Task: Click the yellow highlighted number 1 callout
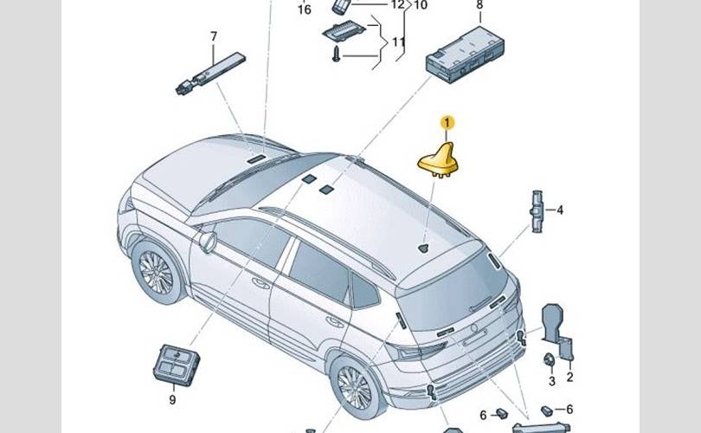447,122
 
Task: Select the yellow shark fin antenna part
439,161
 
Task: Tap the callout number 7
214,36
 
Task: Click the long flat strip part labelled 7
210,74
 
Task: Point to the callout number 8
479,5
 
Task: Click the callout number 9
172,400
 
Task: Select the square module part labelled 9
176,365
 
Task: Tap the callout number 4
560,210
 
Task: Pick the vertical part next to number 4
537,211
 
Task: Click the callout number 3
552,381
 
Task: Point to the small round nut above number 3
549,359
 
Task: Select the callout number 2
569,377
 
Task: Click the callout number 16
305,10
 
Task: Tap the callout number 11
399,42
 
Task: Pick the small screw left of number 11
337,55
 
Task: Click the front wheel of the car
157,272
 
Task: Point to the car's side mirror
208,242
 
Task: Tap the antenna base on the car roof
423,249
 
